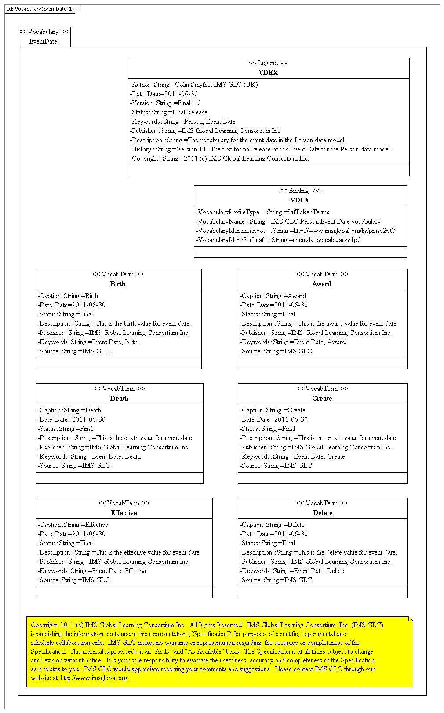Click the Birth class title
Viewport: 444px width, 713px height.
(118, 284)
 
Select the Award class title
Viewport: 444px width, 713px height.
(321, 284)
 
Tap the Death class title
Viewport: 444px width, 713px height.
(119, 398)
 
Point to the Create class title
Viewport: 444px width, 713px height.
(322, 398)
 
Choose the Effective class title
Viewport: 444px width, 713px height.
(124, 513)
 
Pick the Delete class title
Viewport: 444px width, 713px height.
(322, 513)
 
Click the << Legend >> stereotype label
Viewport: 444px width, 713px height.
(268, 63)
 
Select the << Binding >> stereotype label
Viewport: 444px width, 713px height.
(300, 191)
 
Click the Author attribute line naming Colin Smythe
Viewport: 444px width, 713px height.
(194, 85)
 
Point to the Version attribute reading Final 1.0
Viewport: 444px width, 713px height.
(165, 103)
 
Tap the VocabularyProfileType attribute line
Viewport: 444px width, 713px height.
(262, 212)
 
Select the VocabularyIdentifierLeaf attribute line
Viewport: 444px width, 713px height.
(278, 240)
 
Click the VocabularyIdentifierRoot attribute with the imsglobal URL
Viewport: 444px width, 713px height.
(295, 231)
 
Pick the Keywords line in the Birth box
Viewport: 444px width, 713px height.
(87, 342)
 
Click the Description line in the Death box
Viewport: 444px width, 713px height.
(116, 438)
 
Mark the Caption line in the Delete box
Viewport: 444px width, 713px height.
(272, 525)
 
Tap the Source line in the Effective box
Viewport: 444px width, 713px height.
(74, 580)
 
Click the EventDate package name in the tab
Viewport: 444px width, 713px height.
(43, 41)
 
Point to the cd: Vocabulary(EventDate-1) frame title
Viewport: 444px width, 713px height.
(40, 9)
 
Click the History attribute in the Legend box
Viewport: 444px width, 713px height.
(260, 149)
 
